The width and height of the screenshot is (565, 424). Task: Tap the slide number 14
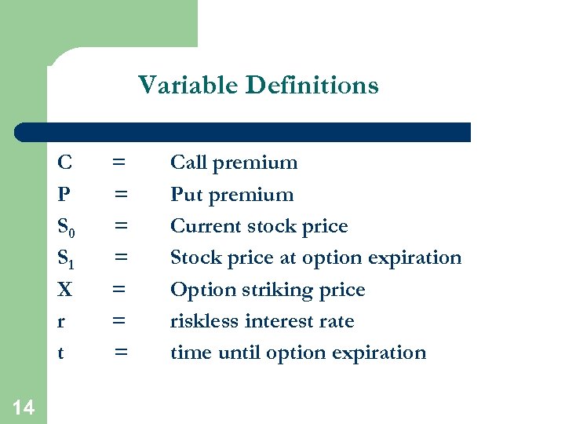coord(24,407)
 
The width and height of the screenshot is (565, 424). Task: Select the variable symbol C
coord(65,163)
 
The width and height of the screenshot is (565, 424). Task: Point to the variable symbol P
coord(64,195)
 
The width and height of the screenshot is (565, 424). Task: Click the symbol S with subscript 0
coord(67,228)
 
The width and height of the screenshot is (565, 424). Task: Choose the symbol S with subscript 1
coord(67,259)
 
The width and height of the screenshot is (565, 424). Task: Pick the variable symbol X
coord(65,290)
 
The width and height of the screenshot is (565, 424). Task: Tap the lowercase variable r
coord(61,322)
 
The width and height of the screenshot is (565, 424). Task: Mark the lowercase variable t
coord(60,353)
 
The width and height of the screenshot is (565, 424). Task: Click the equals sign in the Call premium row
coord(118,163)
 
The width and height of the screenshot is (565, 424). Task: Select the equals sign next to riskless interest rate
coord(118,321)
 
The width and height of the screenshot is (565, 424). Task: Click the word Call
coord(188,163)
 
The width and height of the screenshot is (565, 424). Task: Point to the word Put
coord(188,195)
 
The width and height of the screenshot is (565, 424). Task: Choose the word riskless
coord(202,321)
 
